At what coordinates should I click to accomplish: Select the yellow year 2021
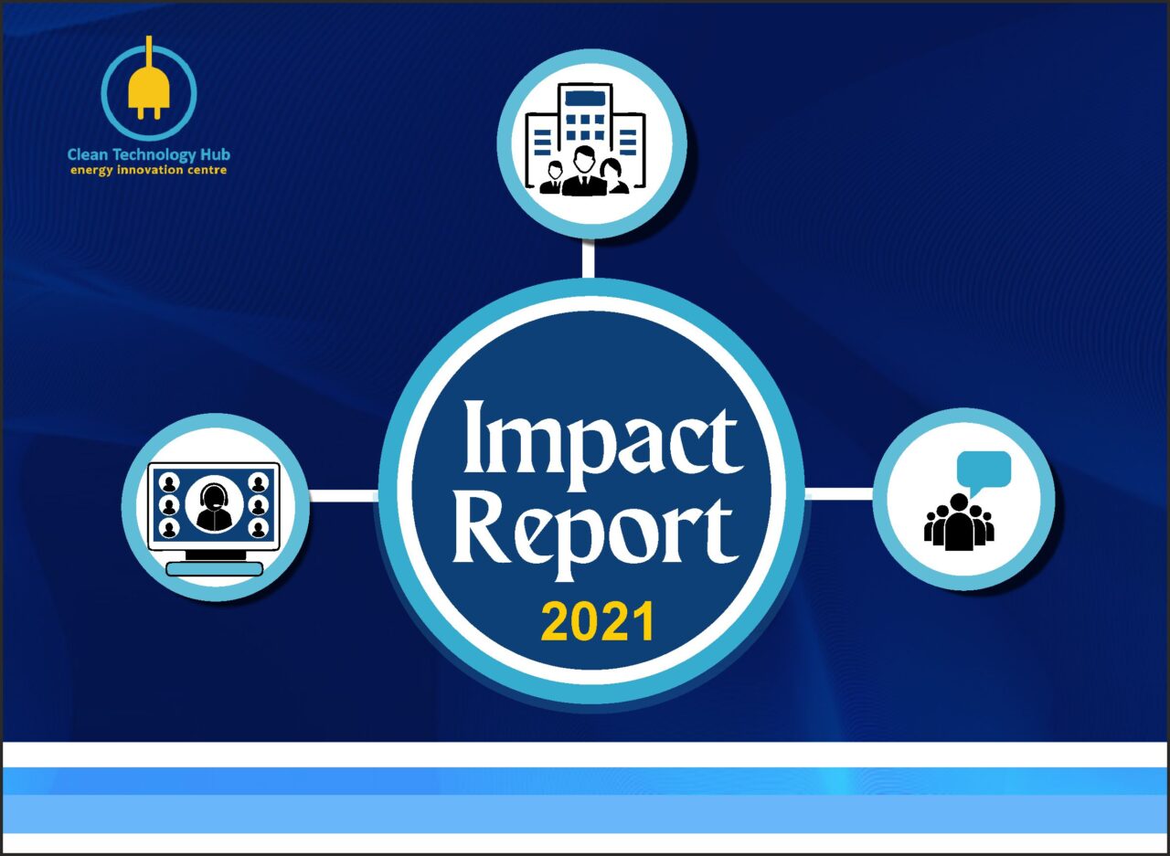597,622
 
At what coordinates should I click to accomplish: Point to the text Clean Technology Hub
149,154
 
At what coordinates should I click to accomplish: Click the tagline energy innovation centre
149,171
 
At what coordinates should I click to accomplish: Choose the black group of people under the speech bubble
959,523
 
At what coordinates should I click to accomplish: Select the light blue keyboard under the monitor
215,569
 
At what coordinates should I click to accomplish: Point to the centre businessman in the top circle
585,173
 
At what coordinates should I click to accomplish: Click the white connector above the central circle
588,259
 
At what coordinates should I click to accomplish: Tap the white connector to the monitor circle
343,496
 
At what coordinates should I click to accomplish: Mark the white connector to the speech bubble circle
839,494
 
